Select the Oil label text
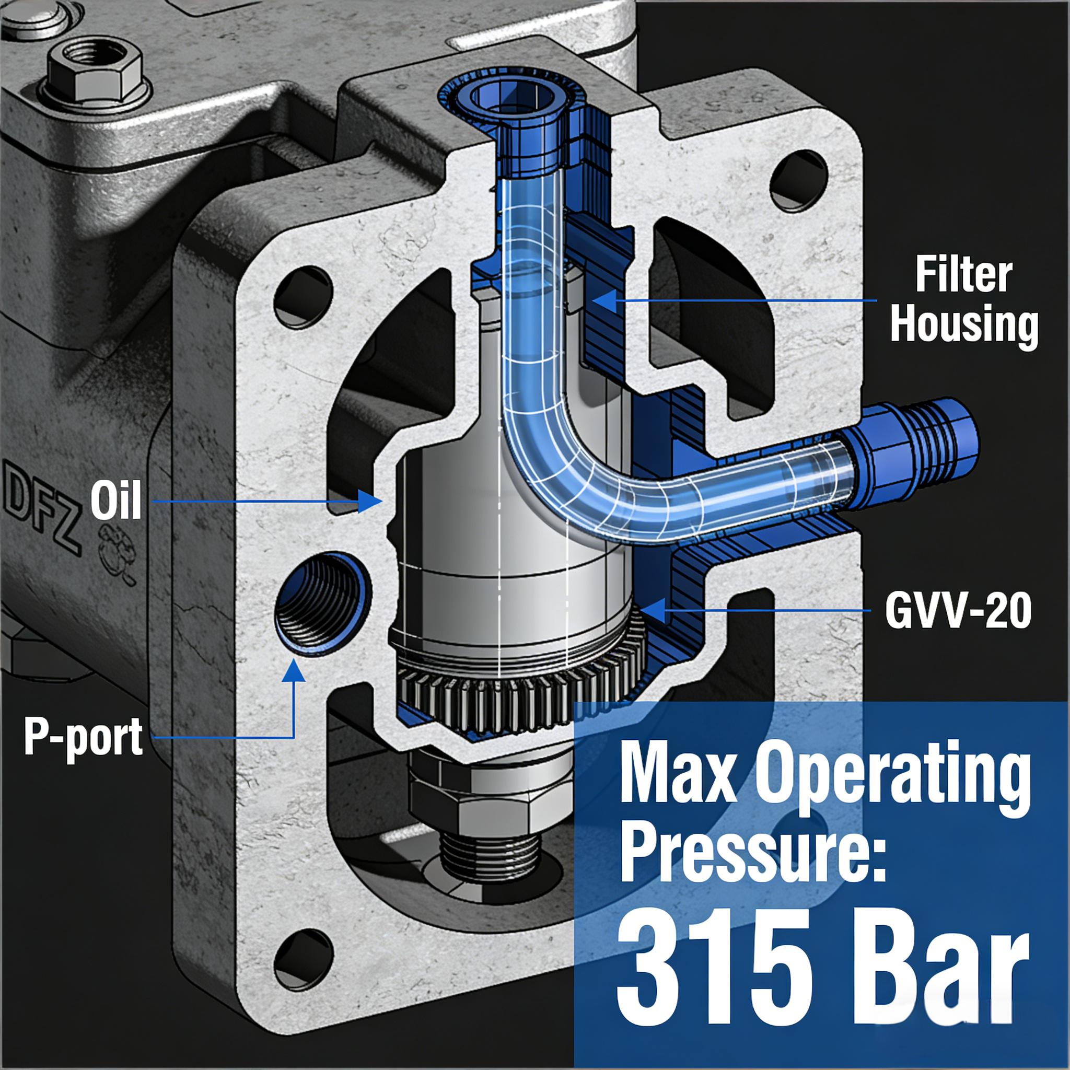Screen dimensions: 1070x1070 coord(116,499)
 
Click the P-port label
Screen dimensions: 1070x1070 coord(83,737)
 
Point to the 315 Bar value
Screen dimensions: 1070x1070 coord(823,978)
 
